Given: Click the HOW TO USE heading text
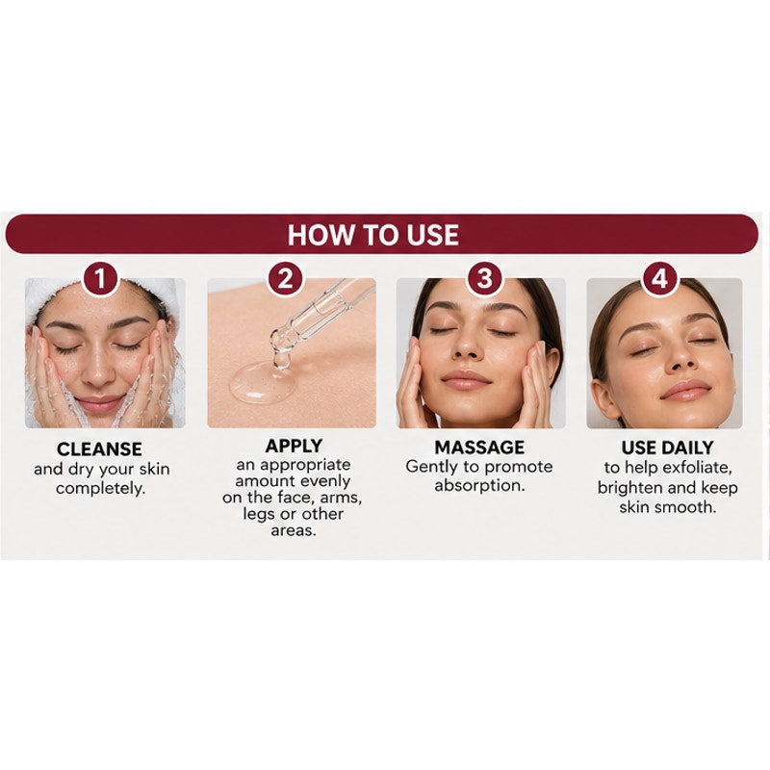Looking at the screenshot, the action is click(x=372, y=235).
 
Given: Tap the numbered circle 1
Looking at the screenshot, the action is click(x=100, y=278).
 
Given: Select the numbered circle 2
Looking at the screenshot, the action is click(x=285, y=278).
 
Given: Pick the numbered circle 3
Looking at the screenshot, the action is click(x=484, y=278).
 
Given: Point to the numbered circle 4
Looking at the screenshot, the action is click(x=659, y=278).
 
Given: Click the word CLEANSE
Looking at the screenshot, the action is click(x=99, y=449).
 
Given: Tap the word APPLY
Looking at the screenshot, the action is click(x=294, y=446).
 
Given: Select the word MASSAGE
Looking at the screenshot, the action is click(x=479, y=448).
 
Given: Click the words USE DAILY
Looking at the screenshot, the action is click(x=667, y=448).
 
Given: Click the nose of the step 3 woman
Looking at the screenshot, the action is click(x=467, y=347).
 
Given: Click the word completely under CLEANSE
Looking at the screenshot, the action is click(x=101, y=489).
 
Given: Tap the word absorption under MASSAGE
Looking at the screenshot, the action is click(x=479, y=486).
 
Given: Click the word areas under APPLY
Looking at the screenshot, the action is click(x=294, y=531).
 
